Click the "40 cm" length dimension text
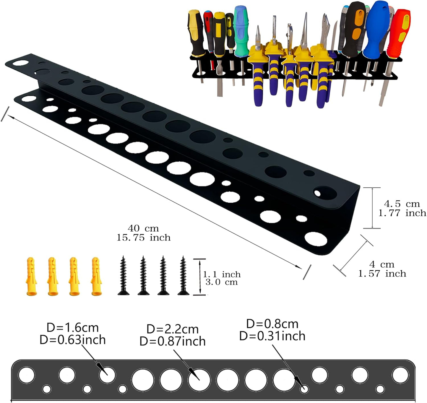point(143,228)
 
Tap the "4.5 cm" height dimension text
point(402,204)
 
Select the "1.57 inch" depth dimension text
point(382,274)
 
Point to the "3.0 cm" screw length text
point(222,282)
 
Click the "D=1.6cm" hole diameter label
point(73,328)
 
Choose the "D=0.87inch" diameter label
point(173,341)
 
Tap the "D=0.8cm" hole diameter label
point(272,324)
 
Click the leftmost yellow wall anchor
point(31,276)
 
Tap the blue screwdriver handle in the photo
point(376,30)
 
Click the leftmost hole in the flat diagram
point(26,375)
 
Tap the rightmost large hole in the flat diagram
point(400,375)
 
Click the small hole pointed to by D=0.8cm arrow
point(304,389)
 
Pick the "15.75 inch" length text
point(143,238)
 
